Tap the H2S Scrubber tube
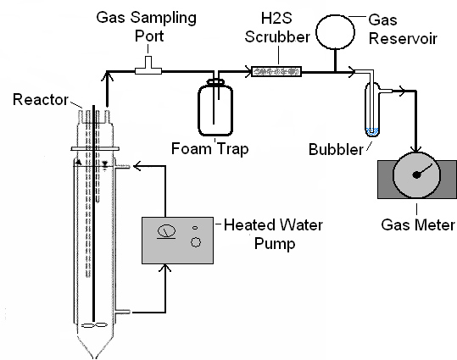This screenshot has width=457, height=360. [x=276, y=71]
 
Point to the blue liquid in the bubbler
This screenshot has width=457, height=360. [x=372, y=131]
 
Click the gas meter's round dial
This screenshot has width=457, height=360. [x=416, y=174]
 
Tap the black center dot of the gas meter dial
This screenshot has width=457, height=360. [x=416, y=174]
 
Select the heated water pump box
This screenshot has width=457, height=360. [x=177, y=241]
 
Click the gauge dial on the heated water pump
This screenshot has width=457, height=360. [x=166, y=231]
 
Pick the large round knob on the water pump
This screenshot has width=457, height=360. [x=196, y=242]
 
